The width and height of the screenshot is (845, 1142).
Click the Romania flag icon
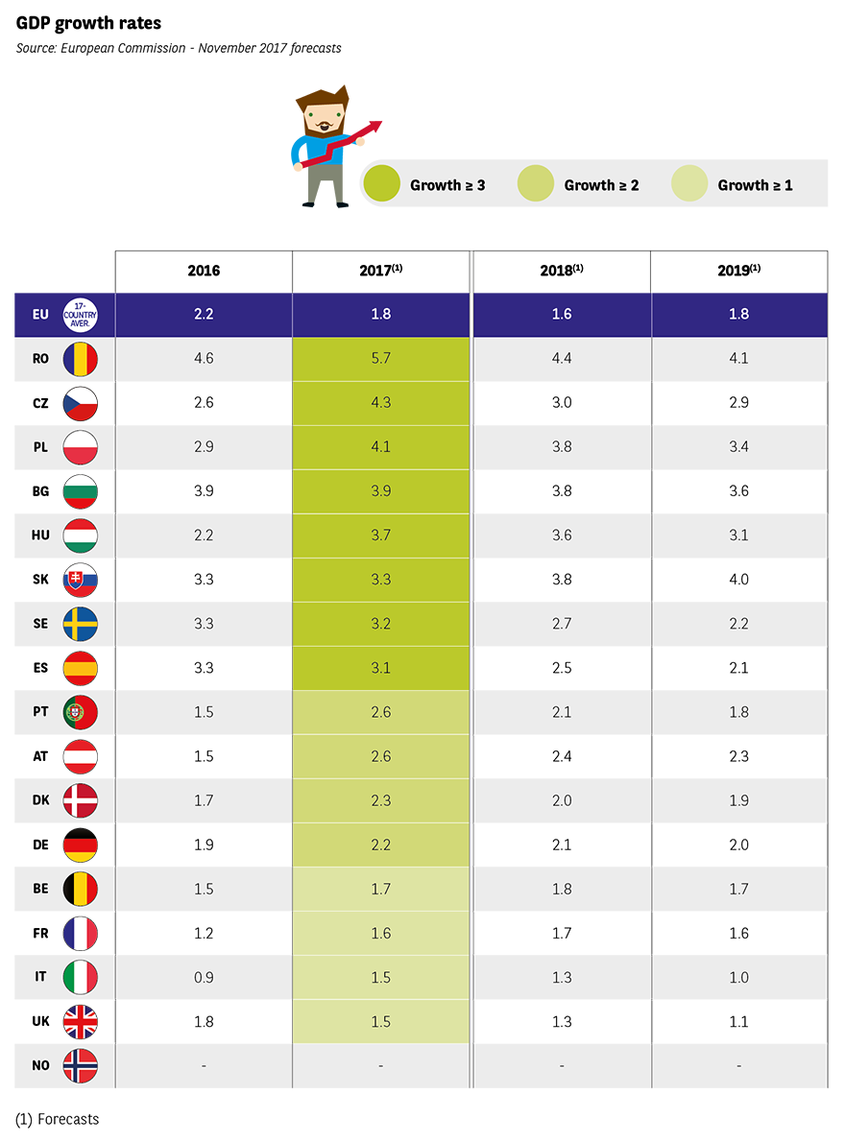pyautogui.click(x=81, y=358)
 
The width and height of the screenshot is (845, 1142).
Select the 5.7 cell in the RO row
pyautogui.click(x=381, y=358)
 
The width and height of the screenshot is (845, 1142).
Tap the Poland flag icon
pyautogui.click(x=81, y=446)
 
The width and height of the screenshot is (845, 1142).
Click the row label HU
pyautogui.click(x=40, y=535)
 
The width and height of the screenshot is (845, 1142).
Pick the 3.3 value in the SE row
pyautogui.click(x=204, y=624)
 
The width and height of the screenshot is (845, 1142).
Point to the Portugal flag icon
pyautogui.click(x=81, y=712)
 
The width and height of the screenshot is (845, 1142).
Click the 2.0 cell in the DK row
pyautogui.click(x=562, y=800)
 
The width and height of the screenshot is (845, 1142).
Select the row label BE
pyautogui.click(x=40, y=889)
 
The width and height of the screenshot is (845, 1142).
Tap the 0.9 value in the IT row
pyautogui.click(x=204, y=977)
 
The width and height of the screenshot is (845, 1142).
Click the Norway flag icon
pyautogui.click(x=81, y=1065)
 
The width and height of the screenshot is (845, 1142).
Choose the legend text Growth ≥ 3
pyautogui.click(x=447, y=185)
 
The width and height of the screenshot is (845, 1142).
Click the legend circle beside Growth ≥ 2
pyautogui.click(x=536, y=184)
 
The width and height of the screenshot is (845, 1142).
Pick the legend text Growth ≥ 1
pyautogui.click(x=756, y=185)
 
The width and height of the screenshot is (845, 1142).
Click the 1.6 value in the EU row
pyautogui.click(x=562, y=314)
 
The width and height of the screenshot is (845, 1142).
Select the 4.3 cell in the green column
pyautogui.click(x=381, y=402)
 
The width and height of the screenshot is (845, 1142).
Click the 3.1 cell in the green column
pyautogui.click(x=381, y=668)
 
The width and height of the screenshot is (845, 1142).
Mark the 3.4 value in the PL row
pyautogui.click(x=738, y=446)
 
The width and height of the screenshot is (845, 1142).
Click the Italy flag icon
pyautogui.click(x=81, y=977)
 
